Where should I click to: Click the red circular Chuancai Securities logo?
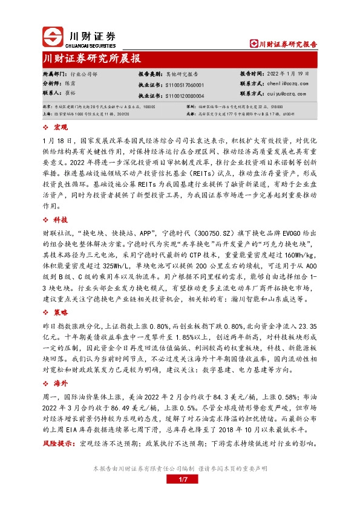[53, 37]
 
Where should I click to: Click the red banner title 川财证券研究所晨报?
[91, 59]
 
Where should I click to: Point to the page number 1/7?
[180, 480]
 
